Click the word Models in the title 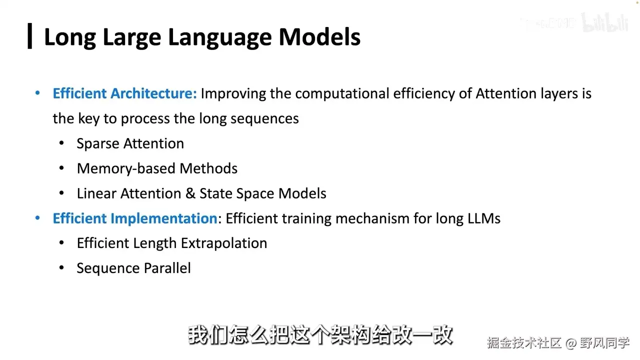(x=319, y=37)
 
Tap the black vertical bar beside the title (x=29, y=36)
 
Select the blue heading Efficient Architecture (x=125, y=93)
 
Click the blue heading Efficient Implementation (x=135, y=218)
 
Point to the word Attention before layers (x=506, y=93)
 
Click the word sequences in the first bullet (x=264, y=118)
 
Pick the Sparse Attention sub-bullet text (x=130, y=143)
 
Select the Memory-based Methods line (x=157, y=168)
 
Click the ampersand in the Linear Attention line (x=190, y=193)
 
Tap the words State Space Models (x=263, y=193)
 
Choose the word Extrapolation (x=224, y=243)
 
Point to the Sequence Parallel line (x=133, y=268)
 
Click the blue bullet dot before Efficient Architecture (x=37, y=93)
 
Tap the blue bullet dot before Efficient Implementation (x=37, y=218)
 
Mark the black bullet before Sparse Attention (x=61, y=143)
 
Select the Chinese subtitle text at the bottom (x=320, y=335)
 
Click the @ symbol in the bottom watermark (x=571, y=343)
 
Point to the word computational (x=342, y=93)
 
